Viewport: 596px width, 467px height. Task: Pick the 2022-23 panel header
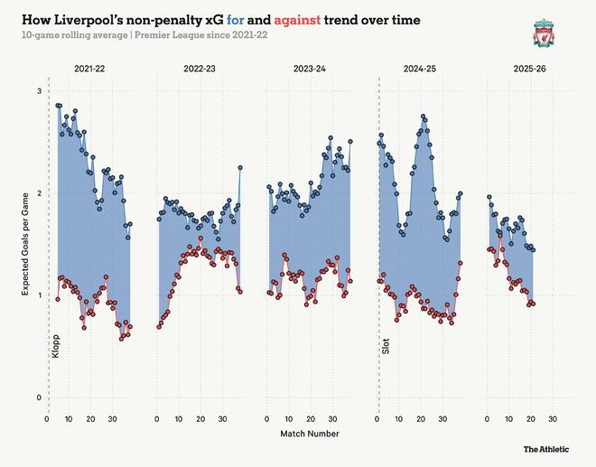pos(200,69)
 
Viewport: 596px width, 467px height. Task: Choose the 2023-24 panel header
pos(310,69)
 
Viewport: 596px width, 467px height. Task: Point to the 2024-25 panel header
pos(420,69)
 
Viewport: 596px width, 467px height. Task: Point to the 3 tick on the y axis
pos(39,92)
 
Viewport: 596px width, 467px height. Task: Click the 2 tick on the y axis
pos(39,194)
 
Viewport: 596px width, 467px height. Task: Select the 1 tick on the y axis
pos(39,296)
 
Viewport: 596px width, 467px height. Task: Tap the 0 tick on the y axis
pos(39,398)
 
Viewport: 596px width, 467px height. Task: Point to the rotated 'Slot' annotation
pos(386,346)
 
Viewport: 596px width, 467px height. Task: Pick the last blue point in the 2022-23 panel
pos(240,167)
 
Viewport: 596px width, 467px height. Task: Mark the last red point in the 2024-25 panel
pos(461,264)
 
